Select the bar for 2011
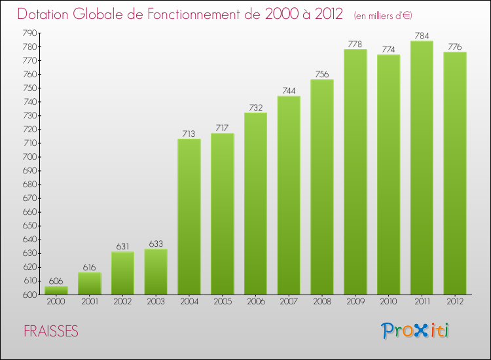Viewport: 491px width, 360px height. [422, 168]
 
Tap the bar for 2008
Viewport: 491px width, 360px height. [322, 187]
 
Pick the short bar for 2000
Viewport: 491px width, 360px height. [56, 290]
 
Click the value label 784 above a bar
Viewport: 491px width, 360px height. [422, 35]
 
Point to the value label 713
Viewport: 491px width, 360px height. [189, 134]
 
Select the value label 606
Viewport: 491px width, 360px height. [56, 281]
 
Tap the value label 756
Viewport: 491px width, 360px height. [322, 74]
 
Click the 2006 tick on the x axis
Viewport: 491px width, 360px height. [255, 302]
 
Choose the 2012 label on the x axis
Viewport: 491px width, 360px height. [455, 302]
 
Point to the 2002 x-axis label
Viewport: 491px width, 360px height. [122, 302]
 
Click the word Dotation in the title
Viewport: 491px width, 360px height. [44, 14]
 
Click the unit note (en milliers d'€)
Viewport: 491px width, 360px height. [383, 15]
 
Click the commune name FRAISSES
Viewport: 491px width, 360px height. [51, 332]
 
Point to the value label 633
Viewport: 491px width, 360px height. [156, 243]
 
